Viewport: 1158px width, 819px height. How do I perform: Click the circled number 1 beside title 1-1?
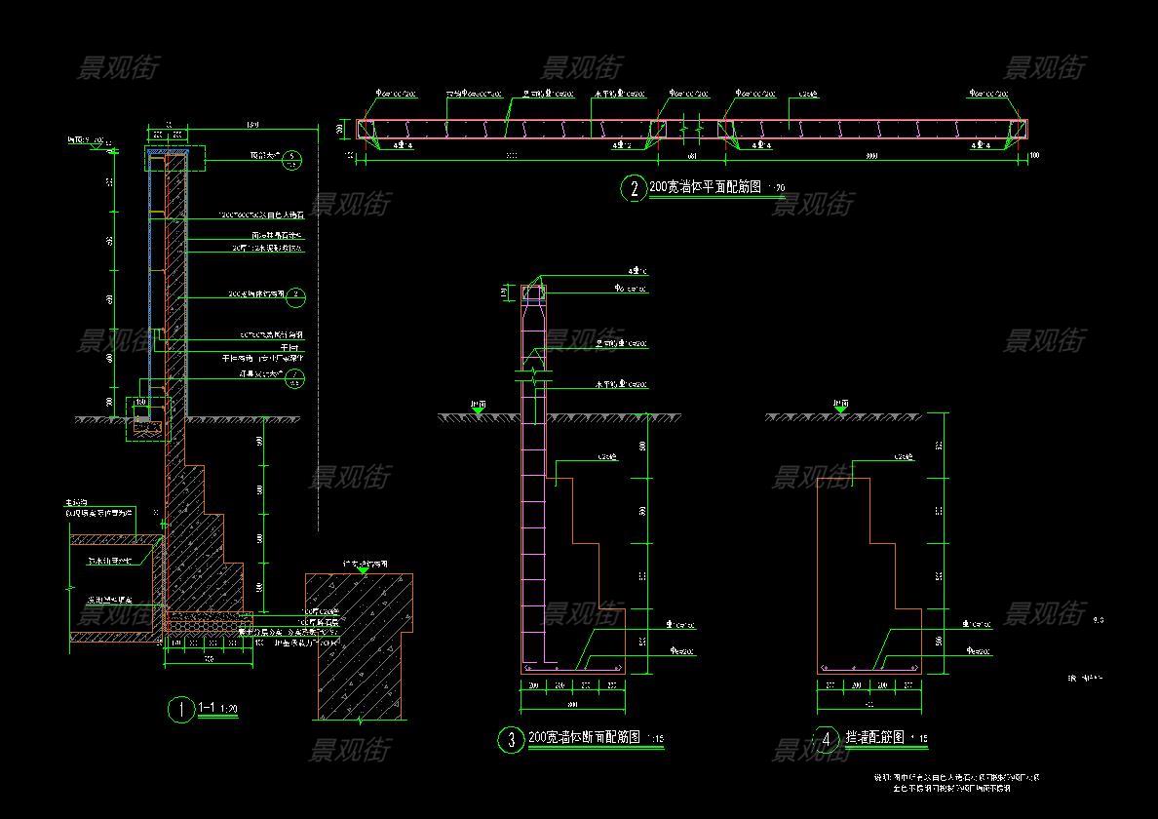point(181,710)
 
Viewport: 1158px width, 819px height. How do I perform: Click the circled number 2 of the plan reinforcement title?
point(635,190)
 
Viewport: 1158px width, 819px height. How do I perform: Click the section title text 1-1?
point(208,707)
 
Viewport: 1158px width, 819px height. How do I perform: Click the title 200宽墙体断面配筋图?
point(584,738)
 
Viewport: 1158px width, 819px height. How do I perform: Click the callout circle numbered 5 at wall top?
point(292,161)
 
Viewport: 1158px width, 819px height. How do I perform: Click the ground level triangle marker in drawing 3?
point(479,412)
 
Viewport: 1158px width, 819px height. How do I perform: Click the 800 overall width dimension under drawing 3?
point(571,703)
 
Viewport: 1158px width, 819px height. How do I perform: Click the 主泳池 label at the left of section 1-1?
point(73,502)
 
